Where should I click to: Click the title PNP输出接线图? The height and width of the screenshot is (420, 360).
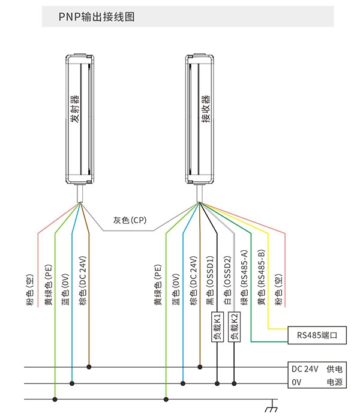(x=97, y=17)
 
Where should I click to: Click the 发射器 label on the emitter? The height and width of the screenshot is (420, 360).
(x=75, y=109)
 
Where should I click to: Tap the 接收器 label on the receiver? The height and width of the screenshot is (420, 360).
(x=206, y=109)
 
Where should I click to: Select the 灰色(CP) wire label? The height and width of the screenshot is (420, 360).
(x=130, y=220)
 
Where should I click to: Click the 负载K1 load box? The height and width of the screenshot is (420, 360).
(x=217, y=327)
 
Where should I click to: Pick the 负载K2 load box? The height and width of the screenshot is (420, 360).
(x=235, y=327)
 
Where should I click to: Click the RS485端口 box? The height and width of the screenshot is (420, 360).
(x=317, y=335)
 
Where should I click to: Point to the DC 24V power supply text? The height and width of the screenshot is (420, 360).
(x=305, y=369)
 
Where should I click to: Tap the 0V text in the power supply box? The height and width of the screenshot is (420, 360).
(x=296, y=382)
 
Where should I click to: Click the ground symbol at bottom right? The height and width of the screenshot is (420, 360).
(x=272, y=406)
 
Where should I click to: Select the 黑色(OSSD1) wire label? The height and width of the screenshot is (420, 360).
(x=210, y=281)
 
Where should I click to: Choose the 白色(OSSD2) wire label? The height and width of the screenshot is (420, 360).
(x=227, y=281)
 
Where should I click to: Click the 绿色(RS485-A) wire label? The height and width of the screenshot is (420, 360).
(x=244, y=278)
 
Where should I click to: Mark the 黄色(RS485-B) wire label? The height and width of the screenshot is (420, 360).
(x=262, y=278)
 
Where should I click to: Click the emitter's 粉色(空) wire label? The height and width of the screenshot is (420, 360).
(x=30, y=290)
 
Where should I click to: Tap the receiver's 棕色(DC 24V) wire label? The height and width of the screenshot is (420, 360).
(x=193, y=281)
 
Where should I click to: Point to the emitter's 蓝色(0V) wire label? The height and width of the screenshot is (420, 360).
(x=65, y=290)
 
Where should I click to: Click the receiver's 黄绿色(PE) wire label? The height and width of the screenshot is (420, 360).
(x=158, y=285)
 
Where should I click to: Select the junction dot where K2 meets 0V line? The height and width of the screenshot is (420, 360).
(x=235, y=383)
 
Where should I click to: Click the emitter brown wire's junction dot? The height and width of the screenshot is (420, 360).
(x=89, y=367)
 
